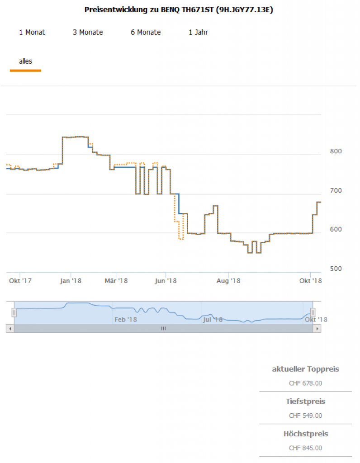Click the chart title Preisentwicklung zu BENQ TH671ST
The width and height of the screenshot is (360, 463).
click(x=179, y=9)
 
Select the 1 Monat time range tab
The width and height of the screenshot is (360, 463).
click(x=32, y=32)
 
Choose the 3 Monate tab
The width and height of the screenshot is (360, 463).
click(x=88, y=32)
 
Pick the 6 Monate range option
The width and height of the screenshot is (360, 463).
click(x=146, y=32)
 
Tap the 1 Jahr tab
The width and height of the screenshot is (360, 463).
click(x=198, y=32)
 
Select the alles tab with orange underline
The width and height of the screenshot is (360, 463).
click(x=25, y=61)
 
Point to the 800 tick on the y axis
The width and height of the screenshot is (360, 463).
click(x=335, y=151)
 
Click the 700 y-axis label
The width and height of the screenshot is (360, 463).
click(x=335, y=190)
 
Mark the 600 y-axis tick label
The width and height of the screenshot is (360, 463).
click(x=335, y=229)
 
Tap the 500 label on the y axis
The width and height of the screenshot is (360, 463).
click(x=335, y=269)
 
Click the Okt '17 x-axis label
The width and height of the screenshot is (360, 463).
click(x=20, y=281)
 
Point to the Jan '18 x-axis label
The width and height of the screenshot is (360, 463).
click(x=71, y=281)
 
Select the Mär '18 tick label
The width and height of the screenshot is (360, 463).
click(x=116, y=281)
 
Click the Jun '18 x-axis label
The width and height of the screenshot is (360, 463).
click(x=166, y=281)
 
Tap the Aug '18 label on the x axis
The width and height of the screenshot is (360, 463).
click(x=228, y=281)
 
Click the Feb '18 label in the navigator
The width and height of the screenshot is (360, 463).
click(x=126, y=320)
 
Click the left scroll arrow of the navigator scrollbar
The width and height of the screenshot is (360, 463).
click(x=10, y=329)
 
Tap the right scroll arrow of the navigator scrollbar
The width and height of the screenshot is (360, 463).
click(x=318, y=329)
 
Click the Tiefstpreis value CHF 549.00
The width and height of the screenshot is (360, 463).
click(x=306, y=416)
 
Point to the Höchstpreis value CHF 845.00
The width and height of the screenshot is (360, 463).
click(x=306, y=448)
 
